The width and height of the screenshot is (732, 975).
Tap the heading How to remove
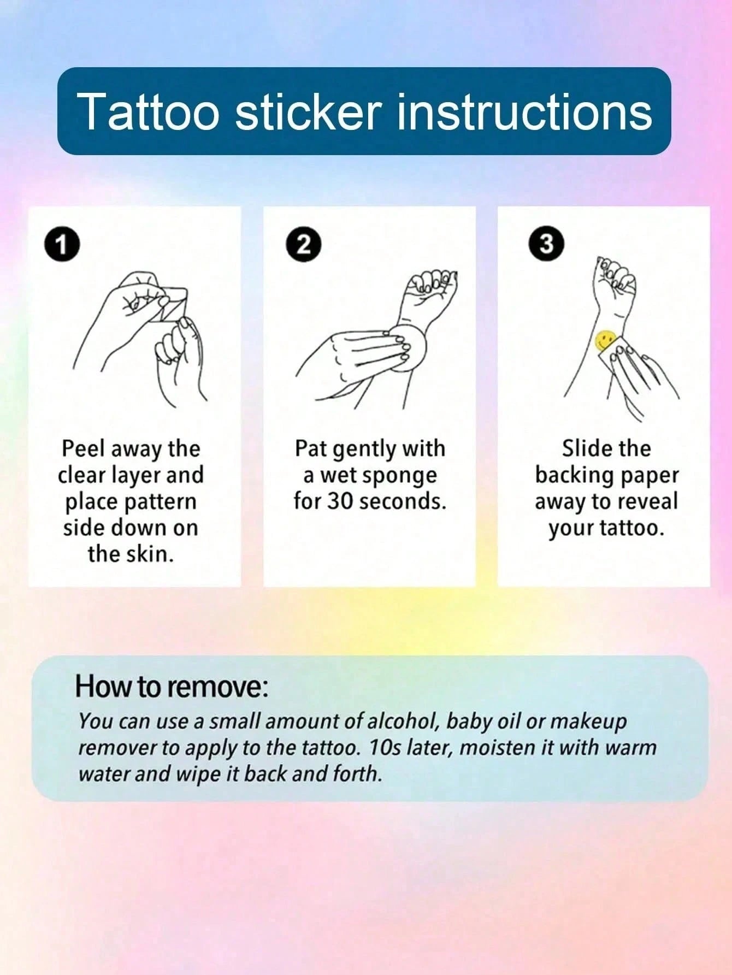[x=172, y=687]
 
